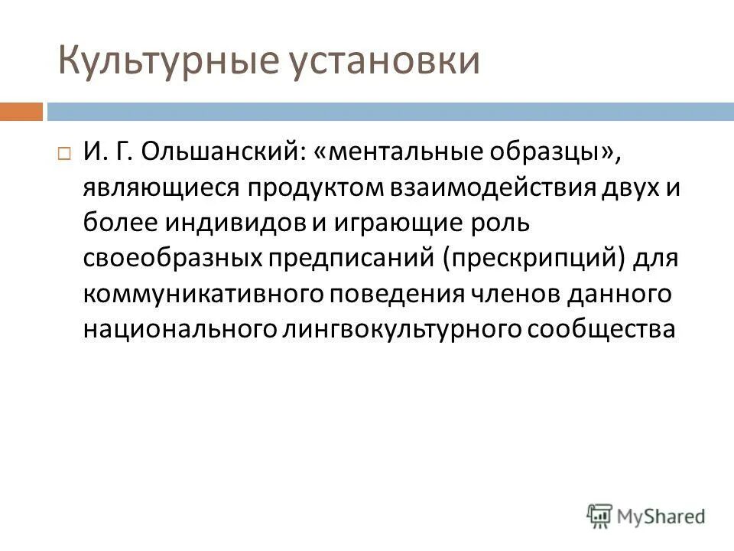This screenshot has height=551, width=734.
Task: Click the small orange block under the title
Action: click(21, 112)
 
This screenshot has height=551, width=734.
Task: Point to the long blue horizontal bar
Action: click(389, 112)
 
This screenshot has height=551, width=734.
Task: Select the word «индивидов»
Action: click(242, 223)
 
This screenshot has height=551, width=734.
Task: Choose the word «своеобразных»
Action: click(173, 258)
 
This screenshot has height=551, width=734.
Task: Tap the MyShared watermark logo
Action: click(646, 515)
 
